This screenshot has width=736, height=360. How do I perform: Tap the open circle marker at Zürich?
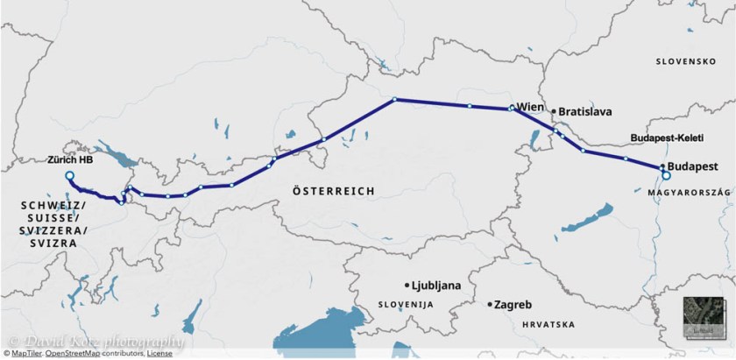[x=69, y=176]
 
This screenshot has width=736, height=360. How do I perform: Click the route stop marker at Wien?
[x=512, y=109]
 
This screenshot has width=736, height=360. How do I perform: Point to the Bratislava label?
[x=584, y=112]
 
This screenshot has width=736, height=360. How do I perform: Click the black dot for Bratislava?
[x=552, y=112]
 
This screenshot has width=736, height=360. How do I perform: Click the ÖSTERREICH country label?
[x=333, y=190]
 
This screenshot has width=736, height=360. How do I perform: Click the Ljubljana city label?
[x=435, y=286]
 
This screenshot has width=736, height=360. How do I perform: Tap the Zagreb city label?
[x=513, y=305]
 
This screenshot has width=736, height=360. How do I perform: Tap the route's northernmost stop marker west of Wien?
[x=395, y=99]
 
